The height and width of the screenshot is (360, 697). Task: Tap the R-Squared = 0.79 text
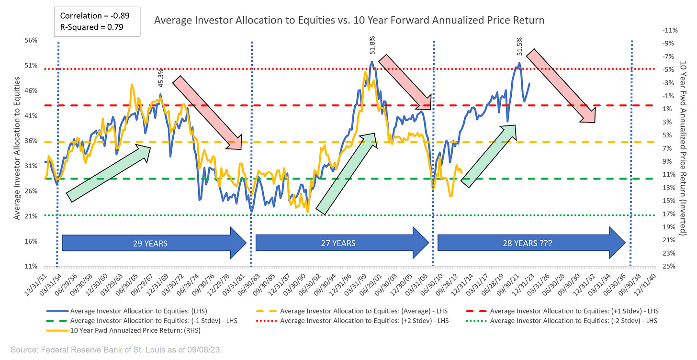(x=91, y=27)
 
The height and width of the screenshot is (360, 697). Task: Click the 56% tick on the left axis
(x=31, y=41)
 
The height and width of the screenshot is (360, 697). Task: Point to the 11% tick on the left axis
(x=31, y=267)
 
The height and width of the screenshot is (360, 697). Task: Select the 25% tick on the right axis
(x=667, y=267)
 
